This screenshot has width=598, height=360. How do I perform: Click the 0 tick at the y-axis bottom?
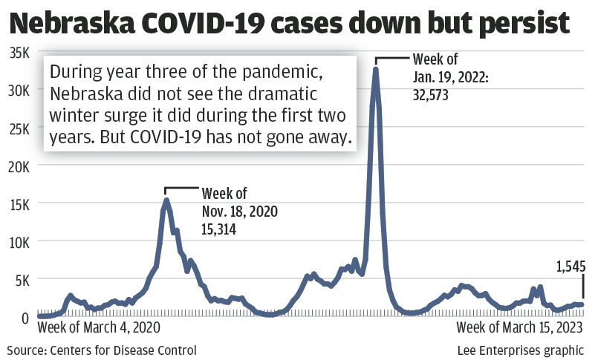tap(25, 317)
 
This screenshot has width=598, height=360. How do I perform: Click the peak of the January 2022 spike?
tap(376, 70)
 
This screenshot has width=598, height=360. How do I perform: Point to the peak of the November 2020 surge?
tap(166, 200)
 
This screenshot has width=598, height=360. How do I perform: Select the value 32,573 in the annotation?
tap(435, 95)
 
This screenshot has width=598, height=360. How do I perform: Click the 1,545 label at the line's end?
tap(571, 265)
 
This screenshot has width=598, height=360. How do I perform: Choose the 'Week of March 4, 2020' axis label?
tap(99, 327)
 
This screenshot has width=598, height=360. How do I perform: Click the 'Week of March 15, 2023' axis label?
tap(520, 327)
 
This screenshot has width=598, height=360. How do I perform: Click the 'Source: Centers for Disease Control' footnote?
tap(102, 350)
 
